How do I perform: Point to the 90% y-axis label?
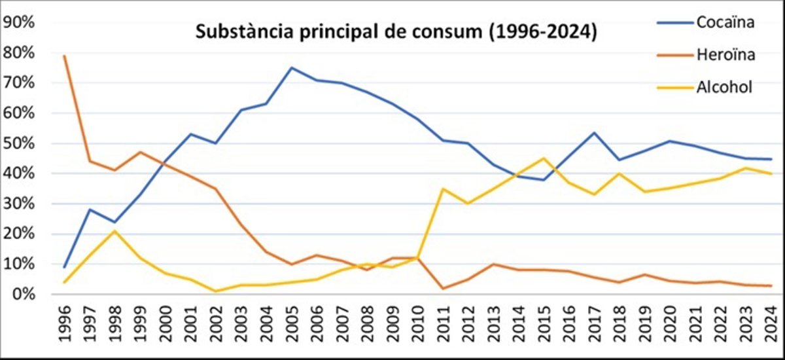pyautogui.click(x=19, y=22)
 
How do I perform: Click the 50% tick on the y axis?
pyautogui.click(x=19, y=143)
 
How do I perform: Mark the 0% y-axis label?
pyautogui.click(x=22, y=295)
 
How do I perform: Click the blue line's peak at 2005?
pyautogui.click(x=292, y=67)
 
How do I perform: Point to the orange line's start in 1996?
pyautogui.click(x=64, y=56)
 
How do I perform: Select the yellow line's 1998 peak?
pyautogui.click(x=114, y=230)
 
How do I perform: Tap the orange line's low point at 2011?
pyautogui.click(x=444, y=288)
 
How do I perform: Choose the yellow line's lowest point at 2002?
pyautogui.click(x=216, y=291)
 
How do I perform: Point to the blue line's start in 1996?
pyautogui.click(x=64, y=267)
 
